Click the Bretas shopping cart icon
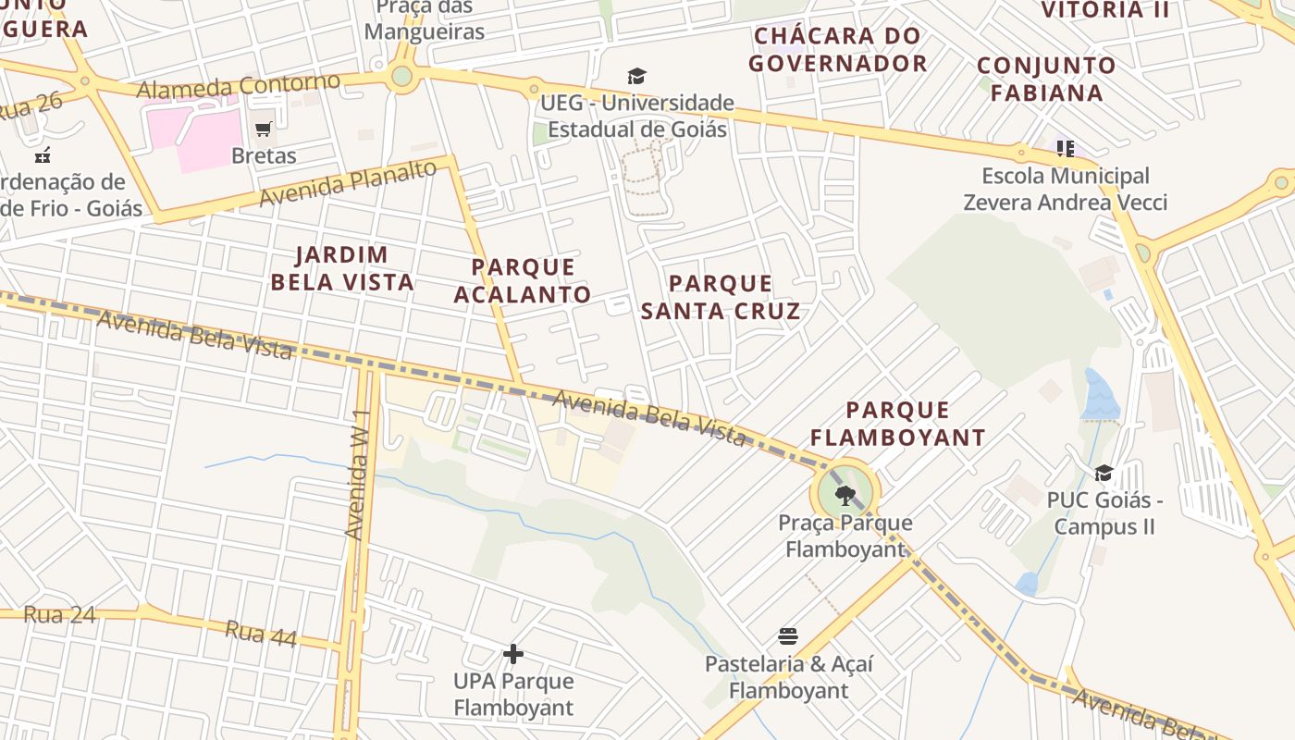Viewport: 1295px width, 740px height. pyautogui.click(x=264, y=129)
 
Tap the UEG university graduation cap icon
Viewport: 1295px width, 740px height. pyautogui.click(x=636, y=76)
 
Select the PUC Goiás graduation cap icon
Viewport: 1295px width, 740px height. pyautogui.click(x=1104, y=474)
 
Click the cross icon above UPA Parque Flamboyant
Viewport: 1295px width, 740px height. pyautogui.click(x=513, y=654)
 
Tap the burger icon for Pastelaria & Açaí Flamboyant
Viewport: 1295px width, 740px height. pyautogui.click(x=788, y=636)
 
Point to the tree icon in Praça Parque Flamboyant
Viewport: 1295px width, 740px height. pyautogui.click(x=845, y=495)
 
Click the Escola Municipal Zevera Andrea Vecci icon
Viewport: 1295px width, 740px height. pyautogui.click(x=1065, y=149)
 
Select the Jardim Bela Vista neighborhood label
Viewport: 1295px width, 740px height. pyautogui.click(x=342, y=268)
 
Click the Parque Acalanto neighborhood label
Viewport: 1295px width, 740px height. pyautogui.click(x=523, y=281)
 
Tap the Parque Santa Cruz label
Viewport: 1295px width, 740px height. pyautogui.click(x=721, y=297)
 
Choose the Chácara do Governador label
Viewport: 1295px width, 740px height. pyautogui.click(x=838, y=50)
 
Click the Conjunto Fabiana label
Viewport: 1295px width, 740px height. pyautogui.click(x=1046, y=79)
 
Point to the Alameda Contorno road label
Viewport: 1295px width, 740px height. pyautogui.click(x=238, y=86)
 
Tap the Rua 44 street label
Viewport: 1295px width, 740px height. pyautogui.click(x=260, y=634)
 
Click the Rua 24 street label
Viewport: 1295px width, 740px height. pyautogui.click(x=59, y=615)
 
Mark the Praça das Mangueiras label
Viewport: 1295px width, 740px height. pyautogui.click(x=425, y=19)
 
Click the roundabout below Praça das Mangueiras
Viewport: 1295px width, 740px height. pyautogui.click(x=401, y=77)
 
